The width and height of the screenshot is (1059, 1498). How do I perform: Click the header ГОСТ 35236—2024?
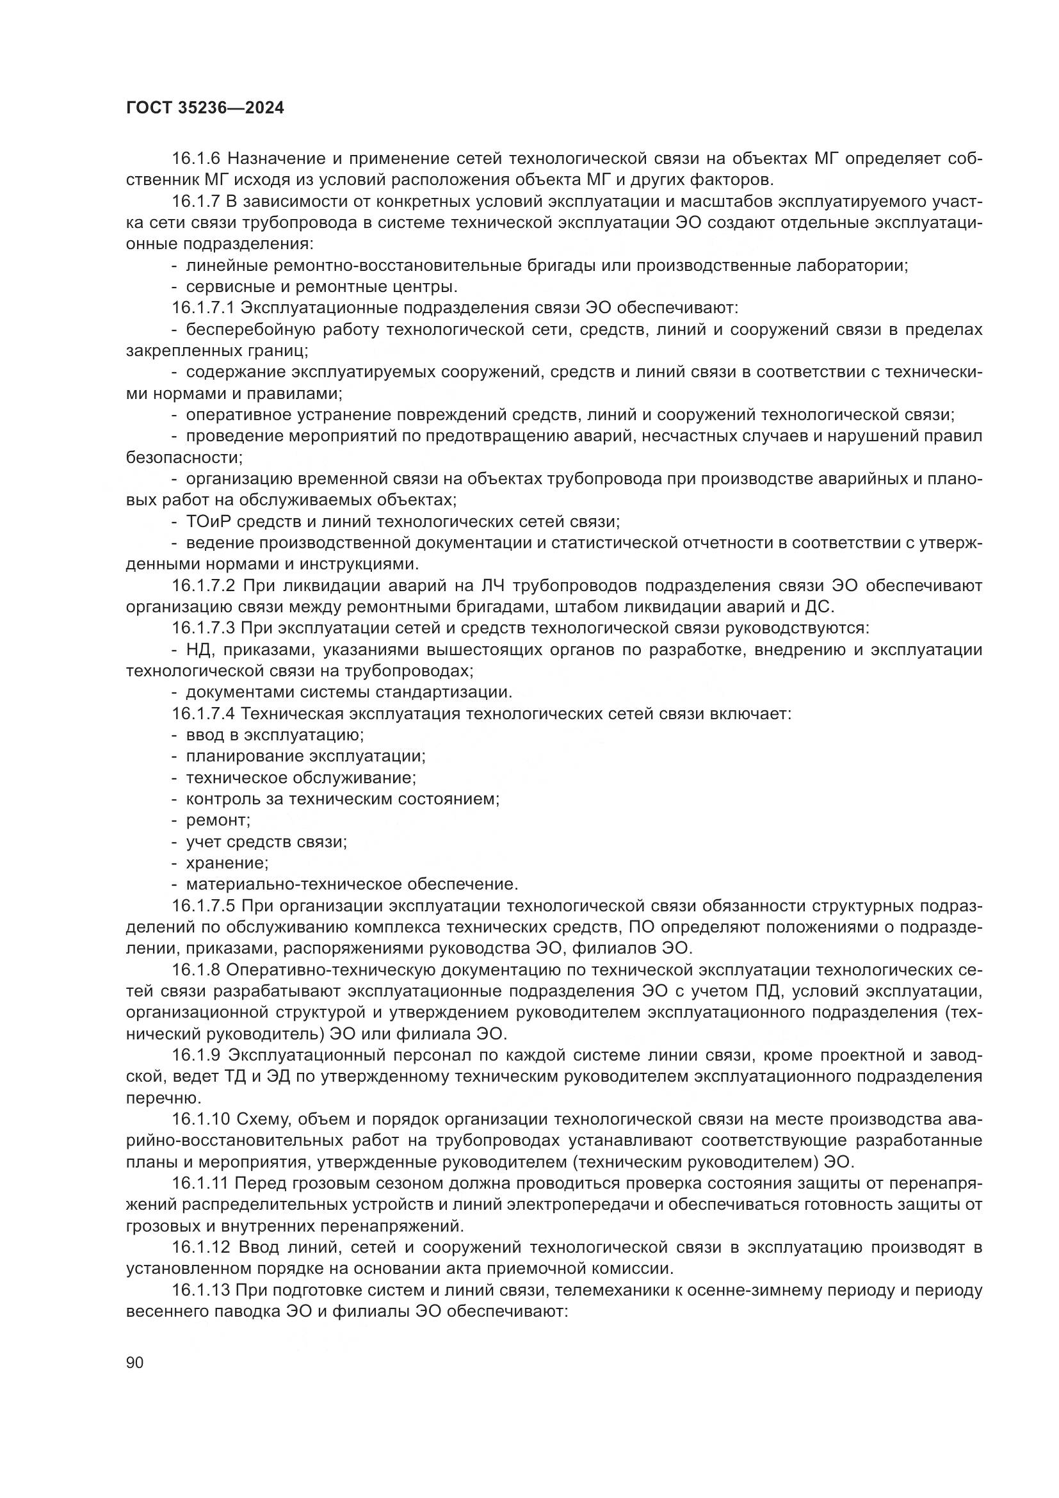click(x=205, y=108)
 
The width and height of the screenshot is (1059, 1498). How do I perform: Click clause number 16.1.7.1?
click(x=204, y=308)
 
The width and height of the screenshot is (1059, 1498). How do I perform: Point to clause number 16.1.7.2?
click(x=204, y=586)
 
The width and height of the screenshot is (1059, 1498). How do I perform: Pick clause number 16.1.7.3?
click(x=204, y=628)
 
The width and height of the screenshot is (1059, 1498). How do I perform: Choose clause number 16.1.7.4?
click(x=204, y=713)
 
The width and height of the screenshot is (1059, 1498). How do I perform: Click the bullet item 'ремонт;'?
click(x=218, y=820)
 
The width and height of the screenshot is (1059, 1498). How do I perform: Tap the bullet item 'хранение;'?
click(x=227, y=863)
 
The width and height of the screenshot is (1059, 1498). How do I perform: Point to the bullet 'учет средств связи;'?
click(x=266, y=842)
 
